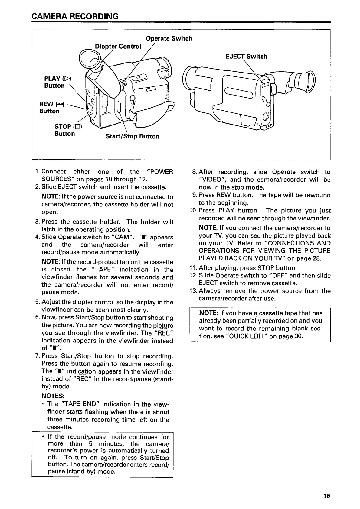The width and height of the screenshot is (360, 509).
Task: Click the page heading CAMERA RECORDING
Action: click(75, 16)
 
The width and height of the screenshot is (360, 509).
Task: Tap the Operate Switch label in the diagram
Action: click(169, 38)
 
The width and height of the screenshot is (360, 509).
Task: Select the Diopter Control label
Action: click(118, 46)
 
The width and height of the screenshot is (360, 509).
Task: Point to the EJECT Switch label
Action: click(246, 57)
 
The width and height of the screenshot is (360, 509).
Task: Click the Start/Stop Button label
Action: click(132, 136)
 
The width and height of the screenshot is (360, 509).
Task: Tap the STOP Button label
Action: click(67, 130)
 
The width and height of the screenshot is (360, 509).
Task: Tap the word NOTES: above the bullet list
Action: click(52, 396)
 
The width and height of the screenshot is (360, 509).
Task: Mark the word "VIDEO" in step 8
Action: click(210, 180)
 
